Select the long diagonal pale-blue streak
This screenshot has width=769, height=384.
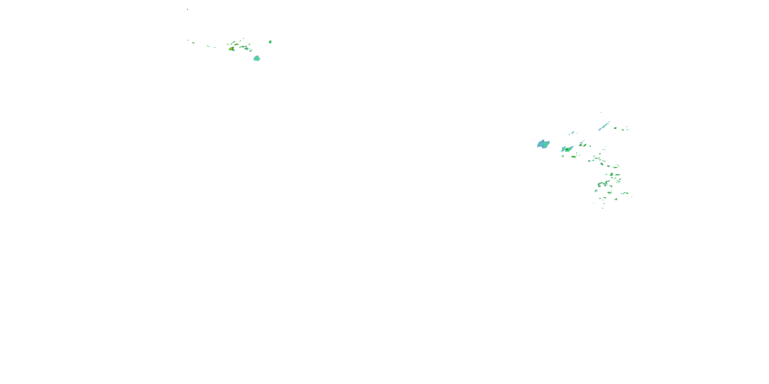click(x=604, y=126)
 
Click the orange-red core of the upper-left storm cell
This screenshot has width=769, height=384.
click(x=231, y=48)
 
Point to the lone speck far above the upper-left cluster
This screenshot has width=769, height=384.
click(x=187, y=9)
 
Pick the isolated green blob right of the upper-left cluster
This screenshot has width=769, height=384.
click(x=270, y=42)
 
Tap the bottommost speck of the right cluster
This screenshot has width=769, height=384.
click(x=602, y=208)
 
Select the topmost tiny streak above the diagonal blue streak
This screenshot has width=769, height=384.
click(x=601, y=112)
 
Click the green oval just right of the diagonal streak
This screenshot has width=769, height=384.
click(x=615, y=128)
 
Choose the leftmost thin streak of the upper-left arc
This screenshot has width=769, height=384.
click(x=187, y=40)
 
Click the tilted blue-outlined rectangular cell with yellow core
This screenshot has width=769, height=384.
click(x=611, y=174)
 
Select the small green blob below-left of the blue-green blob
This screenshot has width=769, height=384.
click(x=562, y=156)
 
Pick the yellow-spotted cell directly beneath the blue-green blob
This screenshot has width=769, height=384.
click(x=574, y=156)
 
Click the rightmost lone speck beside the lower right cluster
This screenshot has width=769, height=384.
click(x=632, y=197)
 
